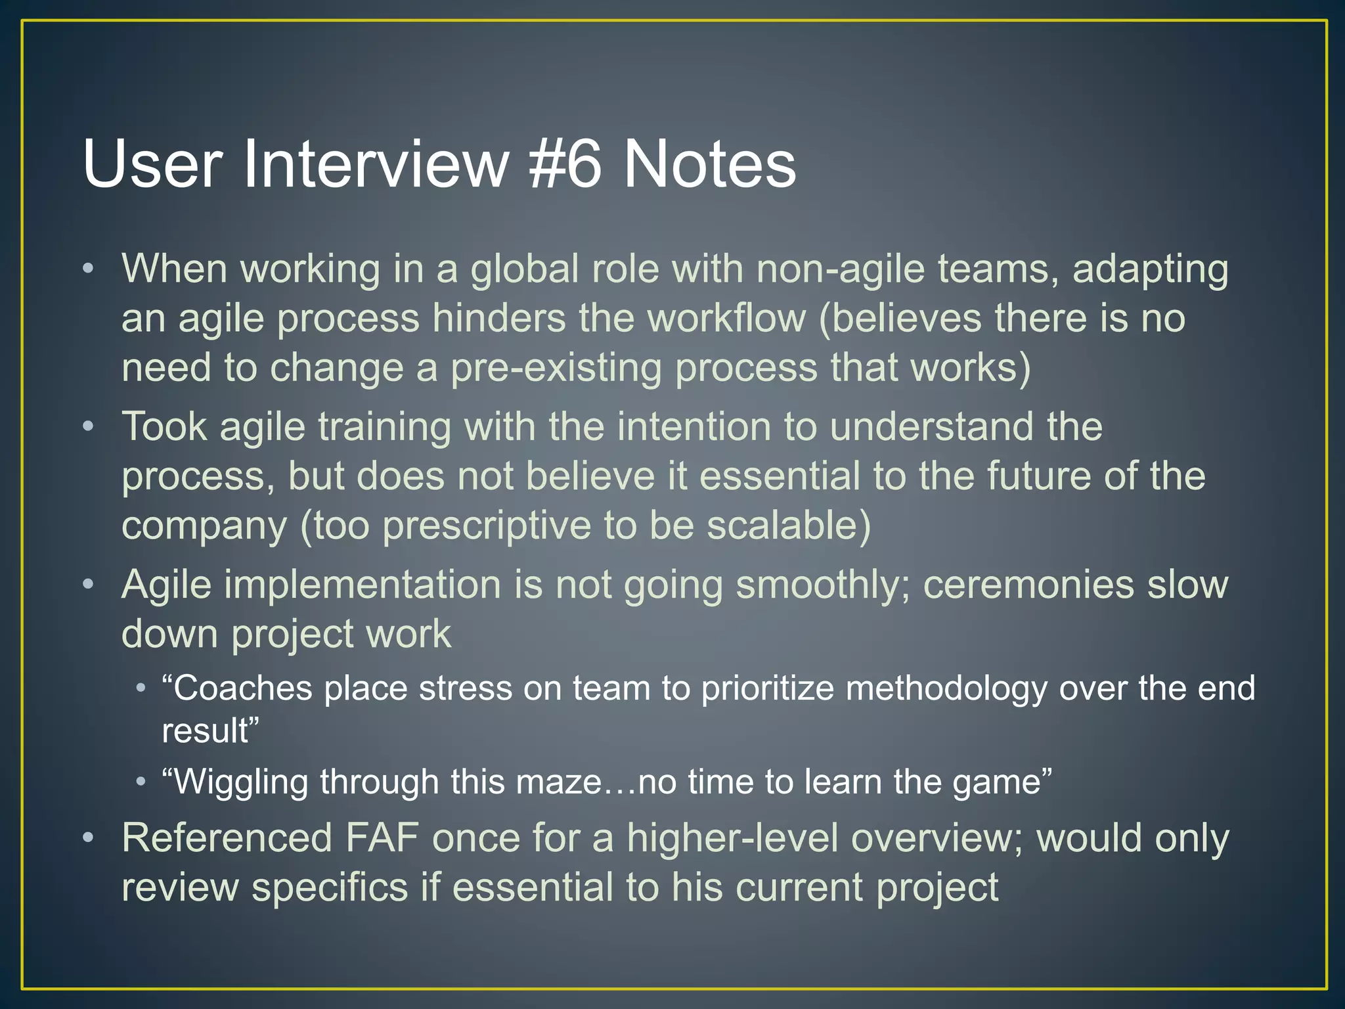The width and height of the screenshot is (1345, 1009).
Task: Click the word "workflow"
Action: pyautogui.click(x=726, y=319)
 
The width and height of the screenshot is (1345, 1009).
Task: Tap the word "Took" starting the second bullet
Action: pyautogui.click(x=164, y=427)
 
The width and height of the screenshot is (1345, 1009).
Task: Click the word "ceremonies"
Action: pyautogui.click(x=1028, y=585)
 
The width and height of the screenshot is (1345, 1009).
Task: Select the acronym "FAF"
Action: pyautogui.click(x=382, y=839)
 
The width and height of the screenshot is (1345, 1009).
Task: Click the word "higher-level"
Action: pyautogui.click(x=732, y=839)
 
